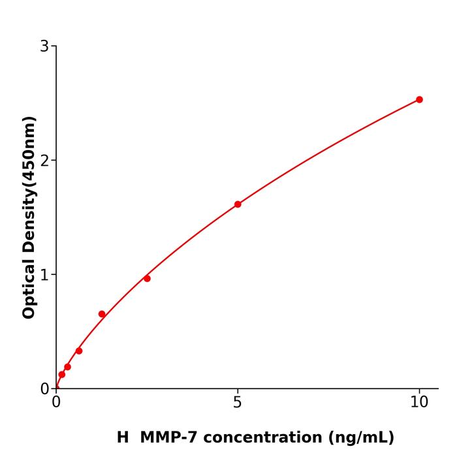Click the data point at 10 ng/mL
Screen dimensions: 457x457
pyautogui.click(x=419, y=100)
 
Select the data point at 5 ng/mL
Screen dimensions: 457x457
pyautogui.click(x=238, y=204)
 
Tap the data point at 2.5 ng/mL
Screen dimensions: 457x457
pyautogui.click(x=147, y=279)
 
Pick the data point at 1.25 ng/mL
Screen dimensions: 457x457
pyautogui.click(x=102, y=314)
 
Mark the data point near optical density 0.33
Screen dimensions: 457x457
pyautogui.click(x=79, y=351)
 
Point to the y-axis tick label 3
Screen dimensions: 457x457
pyautogui.click(x=44, y=46)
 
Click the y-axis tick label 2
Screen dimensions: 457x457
pyautogui.click(x=44, y=161)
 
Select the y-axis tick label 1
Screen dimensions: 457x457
pyautogui.click(x=44, y=275)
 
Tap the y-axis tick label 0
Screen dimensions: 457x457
pyautogui.click(x=44, y=389)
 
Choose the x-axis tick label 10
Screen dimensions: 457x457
pyautogui.click(x=419, y=403)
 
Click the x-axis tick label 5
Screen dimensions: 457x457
pyautogui.click(x=238, y=403)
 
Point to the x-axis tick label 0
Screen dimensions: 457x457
pyautogui.click(x=56, y=403)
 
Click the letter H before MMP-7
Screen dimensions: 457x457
pyautogui.click(x=123, y=437)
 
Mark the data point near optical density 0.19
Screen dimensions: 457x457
pyautogui.click(x=67, y=367)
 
